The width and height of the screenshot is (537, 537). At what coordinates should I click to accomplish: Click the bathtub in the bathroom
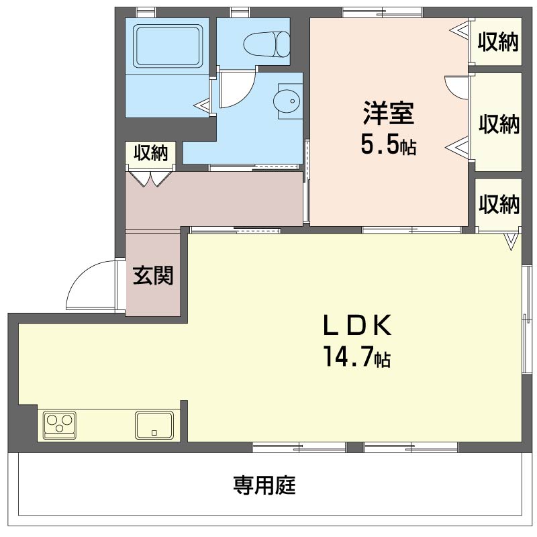(x=167, y=45)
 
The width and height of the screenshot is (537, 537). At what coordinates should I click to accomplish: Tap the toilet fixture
(x=266, y=44)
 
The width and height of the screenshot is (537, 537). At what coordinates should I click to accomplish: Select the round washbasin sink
(x=287, y=101)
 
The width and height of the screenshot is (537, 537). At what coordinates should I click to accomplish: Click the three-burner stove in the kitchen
(x=60, y=425)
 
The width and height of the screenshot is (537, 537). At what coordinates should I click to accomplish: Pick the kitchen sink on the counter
(x=154, y=426)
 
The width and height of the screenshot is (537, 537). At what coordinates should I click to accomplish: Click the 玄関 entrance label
(x=153, y=275)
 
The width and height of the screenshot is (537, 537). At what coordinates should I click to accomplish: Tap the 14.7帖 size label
(x=357, y=357)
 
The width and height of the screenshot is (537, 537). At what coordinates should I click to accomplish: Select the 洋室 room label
(x=389, y=113)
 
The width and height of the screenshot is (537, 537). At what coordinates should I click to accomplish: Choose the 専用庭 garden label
(x=264, y=485)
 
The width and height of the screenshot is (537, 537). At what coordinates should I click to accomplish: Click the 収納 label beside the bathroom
(x=150, y=153)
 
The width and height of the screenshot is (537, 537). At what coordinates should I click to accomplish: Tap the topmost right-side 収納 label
(x=498, y=42)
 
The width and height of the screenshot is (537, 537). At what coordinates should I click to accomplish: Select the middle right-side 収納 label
(x=499, y=124)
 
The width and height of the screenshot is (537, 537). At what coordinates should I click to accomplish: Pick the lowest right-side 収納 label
(x=499, y=204)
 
